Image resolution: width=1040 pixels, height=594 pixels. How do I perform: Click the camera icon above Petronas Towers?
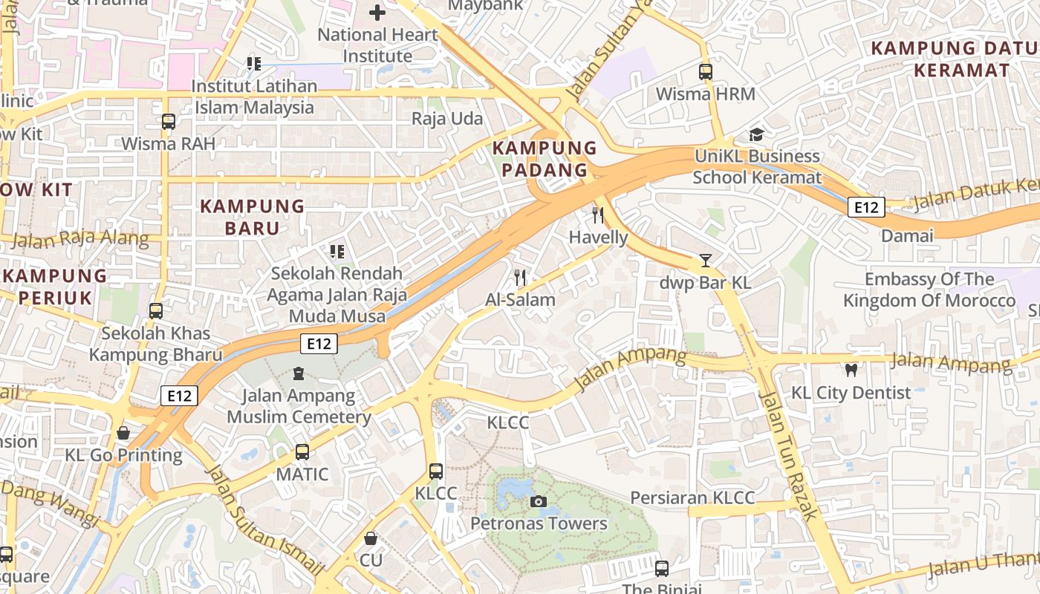point(539,502)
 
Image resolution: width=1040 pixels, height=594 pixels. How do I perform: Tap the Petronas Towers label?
point(539,523)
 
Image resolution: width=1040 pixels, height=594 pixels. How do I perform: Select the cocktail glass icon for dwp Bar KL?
point(705,261)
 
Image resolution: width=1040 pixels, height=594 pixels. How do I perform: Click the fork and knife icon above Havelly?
point(598,215)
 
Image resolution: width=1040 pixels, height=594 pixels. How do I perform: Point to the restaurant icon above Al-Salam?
point(520,278)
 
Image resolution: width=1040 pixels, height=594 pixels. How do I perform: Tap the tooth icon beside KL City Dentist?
point(851,369)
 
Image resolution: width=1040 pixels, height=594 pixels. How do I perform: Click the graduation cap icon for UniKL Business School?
point(756,134)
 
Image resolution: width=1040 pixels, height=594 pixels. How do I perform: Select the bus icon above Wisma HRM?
point(705,72)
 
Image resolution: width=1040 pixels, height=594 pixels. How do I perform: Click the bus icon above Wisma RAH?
point(169,122)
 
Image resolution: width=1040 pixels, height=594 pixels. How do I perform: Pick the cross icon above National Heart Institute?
point(377,13)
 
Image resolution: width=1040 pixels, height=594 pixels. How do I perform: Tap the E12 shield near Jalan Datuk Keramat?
point(866,207)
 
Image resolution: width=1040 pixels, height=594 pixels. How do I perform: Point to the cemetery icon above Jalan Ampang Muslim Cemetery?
point(299,373)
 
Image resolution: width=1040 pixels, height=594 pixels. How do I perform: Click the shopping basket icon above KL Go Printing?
point(123,432)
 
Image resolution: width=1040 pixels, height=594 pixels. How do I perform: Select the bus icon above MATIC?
point(302,451)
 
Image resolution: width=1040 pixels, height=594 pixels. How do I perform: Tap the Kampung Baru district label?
point(253,217)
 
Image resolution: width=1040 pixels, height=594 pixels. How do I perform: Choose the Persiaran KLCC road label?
point(692,497)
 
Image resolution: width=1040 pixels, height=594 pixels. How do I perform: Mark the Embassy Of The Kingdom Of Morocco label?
point(929,290)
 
